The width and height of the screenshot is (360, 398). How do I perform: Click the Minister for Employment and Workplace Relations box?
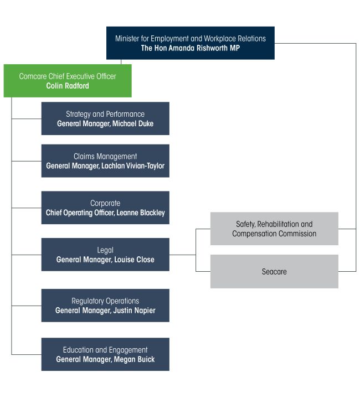190,43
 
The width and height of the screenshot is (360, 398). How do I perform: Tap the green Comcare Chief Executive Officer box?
67,81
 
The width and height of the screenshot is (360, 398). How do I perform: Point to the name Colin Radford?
68,86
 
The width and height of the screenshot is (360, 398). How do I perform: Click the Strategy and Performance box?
105,118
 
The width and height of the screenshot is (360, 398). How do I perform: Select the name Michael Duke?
132,123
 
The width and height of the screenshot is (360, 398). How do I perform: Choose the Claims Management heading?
105,157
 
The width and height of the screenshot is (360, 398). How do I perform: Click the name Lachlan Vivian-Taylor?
131,166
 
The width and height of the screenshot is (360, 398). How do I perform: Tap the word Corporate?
105,203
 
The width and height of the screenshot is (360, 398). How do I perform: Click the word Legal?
105,250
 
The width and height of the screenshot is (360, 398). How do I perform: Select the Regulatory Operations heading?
105,301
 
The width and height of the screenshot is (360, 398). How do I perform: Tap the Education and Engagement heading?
105,350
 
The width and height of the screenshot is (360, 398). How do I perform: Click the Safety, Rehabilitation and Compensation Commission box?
274,229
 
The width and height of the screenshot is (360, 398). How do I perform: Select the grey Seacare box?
274,272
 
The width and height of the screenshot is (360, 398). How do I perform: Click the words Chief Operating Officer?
79,213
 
